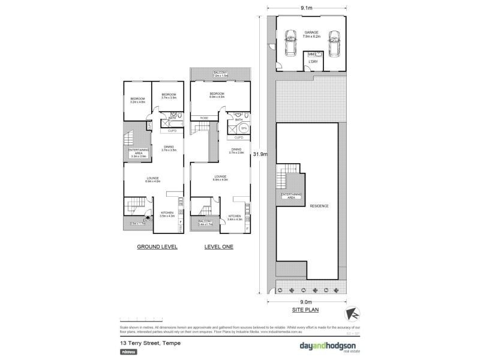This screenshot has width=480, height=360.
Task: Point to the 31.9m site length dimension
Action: point(260,154)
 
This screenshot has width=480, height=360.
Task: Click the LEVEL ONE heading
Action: point(218,247)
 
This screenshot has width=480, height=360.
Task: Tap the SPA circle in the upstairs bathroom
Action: point(243,128)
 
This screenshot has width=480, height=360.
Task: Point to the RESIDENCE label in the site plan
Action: point(319,206)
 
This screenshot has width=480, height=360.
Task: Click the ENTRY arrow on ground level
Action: point(148,219)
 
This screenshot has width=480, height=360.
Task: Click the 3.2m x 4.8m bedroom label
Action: point(138,101)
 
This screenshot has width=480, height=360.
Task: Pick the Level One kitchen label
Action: point(235,217)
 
